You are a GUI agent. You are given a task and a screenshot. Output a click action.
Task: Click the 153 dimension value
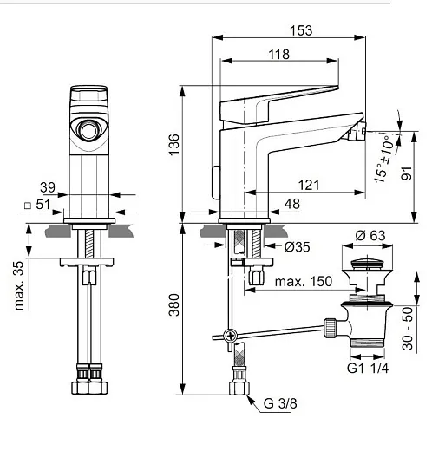coord(301,30)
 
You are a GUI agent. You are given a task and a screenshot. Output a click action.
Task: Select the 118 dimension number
coord(278,55)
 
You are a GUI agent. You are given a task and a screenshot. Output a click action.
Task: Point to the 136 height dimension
coord(174,145)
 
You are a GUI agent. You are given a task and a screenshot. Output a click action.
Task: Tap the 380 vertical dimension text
coord(174,304)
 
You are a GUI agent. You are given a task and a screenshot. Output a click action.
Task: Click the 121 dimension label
coord(309,185)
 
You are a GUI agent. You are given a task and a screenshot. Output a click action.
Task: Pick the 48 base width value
coord(292,204)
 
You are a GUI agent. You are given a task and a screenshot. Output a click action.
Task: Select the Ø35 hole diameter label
coord(297,247)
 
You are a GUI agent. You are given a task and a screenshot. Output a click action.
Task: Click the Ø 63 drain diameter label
coord(370,236)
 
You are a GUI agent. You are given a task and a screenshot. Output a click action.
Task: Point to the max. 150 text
coord(304,281)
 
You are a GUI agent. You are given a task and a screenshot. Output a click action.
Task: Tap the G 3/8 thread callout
coord(280,403)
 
